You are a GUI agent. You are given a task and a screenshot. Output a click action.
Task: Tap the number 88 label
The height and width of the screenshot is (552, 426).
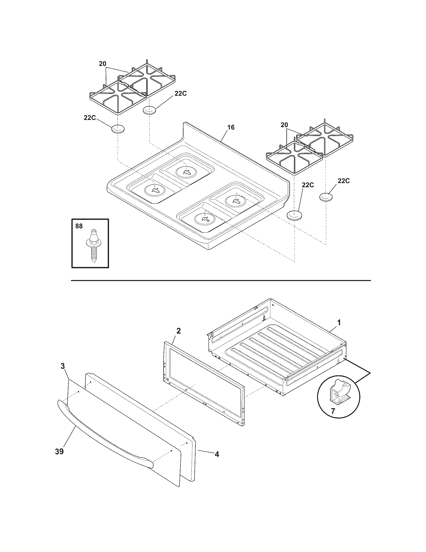(x=79, y=226)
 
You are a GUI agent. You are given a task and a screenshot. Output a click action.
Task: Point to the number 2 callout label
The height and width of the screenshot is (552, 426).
(x=178, y=331)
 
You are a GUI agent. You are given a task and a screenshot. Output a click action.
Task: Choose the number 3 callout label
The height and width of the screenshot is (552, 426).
(x=63, y=366)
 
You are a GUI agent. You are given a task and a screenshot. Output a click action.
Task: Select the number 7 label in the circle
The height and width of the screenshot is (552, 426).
(x=333, y=411)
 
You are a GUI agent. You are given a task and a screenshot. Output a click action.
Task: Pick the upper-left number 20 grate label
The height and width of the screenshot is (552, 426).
(x=102, y=64)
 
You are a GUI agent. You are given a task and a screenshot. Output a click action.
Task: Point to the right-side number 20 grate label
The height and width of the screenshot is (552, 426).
(x=284, y=125)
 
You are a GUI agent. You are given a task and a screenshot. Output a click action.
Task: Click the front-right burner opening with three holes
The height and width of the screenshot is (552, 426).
(x=204, y=219)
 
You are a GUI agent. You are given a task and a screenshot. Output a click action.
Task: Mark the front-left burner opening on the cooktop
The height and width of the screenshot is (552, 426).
(x=154, y=190)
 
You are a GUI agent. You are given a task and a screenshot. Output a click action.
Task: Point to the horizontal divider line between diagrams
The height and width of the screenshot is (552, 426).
(x=221, y=280)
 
